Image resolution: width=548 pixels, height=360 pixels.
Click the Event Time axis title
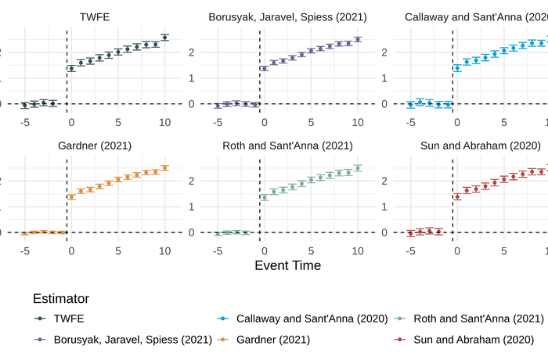click(287, 265)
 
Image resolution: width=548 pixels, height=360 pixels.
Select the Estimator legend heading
click(61, 298)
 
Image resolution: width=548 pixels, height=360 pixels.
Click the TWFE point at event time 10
click(164, 37)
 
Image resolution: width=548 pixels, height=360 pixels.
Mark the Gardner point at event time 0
click(71, 197)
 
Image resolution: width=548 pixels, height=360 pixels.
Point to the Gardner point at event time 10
click(164, 167)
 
